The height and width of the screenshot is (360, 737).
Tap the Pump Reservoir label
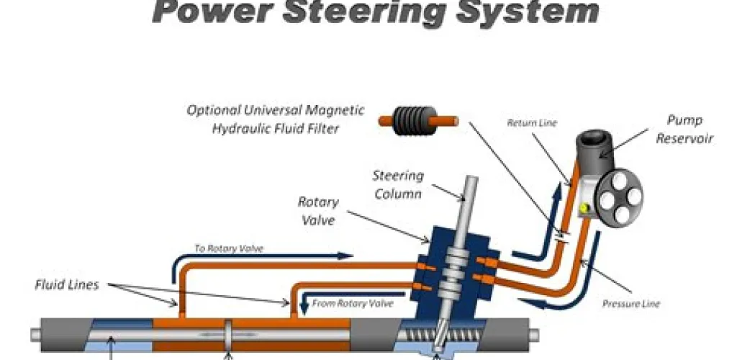(684, 129)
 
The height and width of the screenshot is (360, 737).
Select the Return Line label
(532, 123)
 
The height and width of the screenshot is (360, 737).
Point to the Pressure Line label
(630, 303)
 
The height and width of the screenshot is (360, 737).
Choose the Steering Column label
(397, 184)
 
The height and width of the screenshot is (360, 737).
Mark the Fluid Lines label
(66, 284)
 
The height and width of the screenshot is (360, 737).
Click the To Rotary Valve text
(229, 248)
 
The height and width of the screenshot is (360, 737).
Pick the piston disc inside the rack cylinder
(228, 336)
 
